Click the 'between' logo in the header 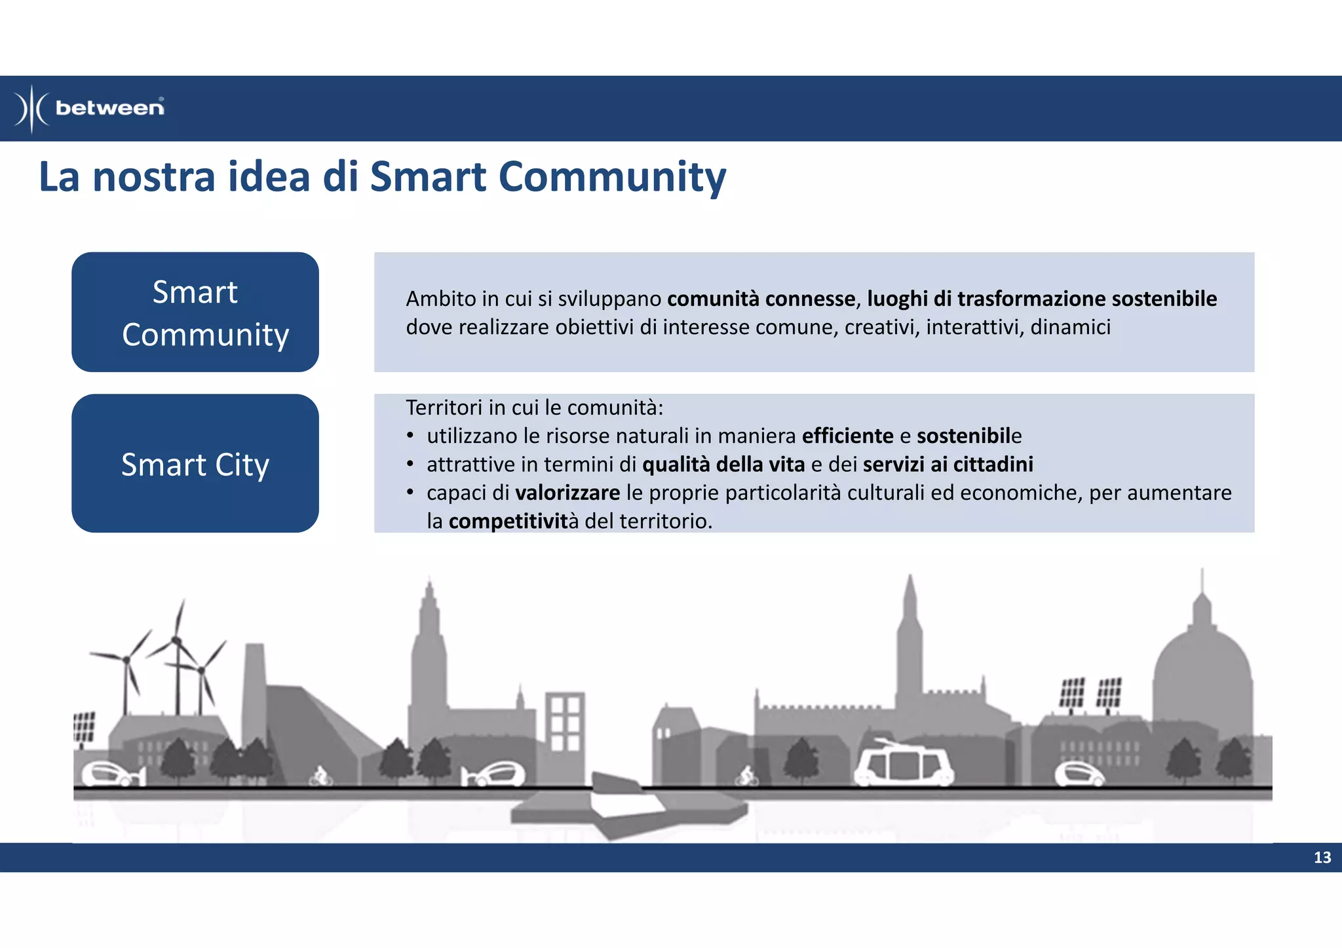tap(90, 108)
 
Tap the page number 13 tap(1322, 858)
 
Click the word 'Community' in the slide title tap(612, 178)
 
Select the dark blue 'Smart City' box tap(195, 463)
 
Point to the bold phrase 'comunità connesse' tap(761, 299)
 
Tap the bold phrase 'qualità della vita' tap(723, 465)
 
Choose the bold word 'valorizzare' tap(567, 493)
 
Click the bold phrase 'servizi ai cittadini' tap(948, 465)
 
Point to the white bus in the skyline tap(904, 763)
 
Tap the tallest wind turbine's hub tap(176, 639)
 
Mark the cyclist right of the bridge tap(746, 776)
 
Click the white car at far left tap(109, 774)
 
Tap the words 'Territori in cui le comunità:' tap(534, 408)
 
